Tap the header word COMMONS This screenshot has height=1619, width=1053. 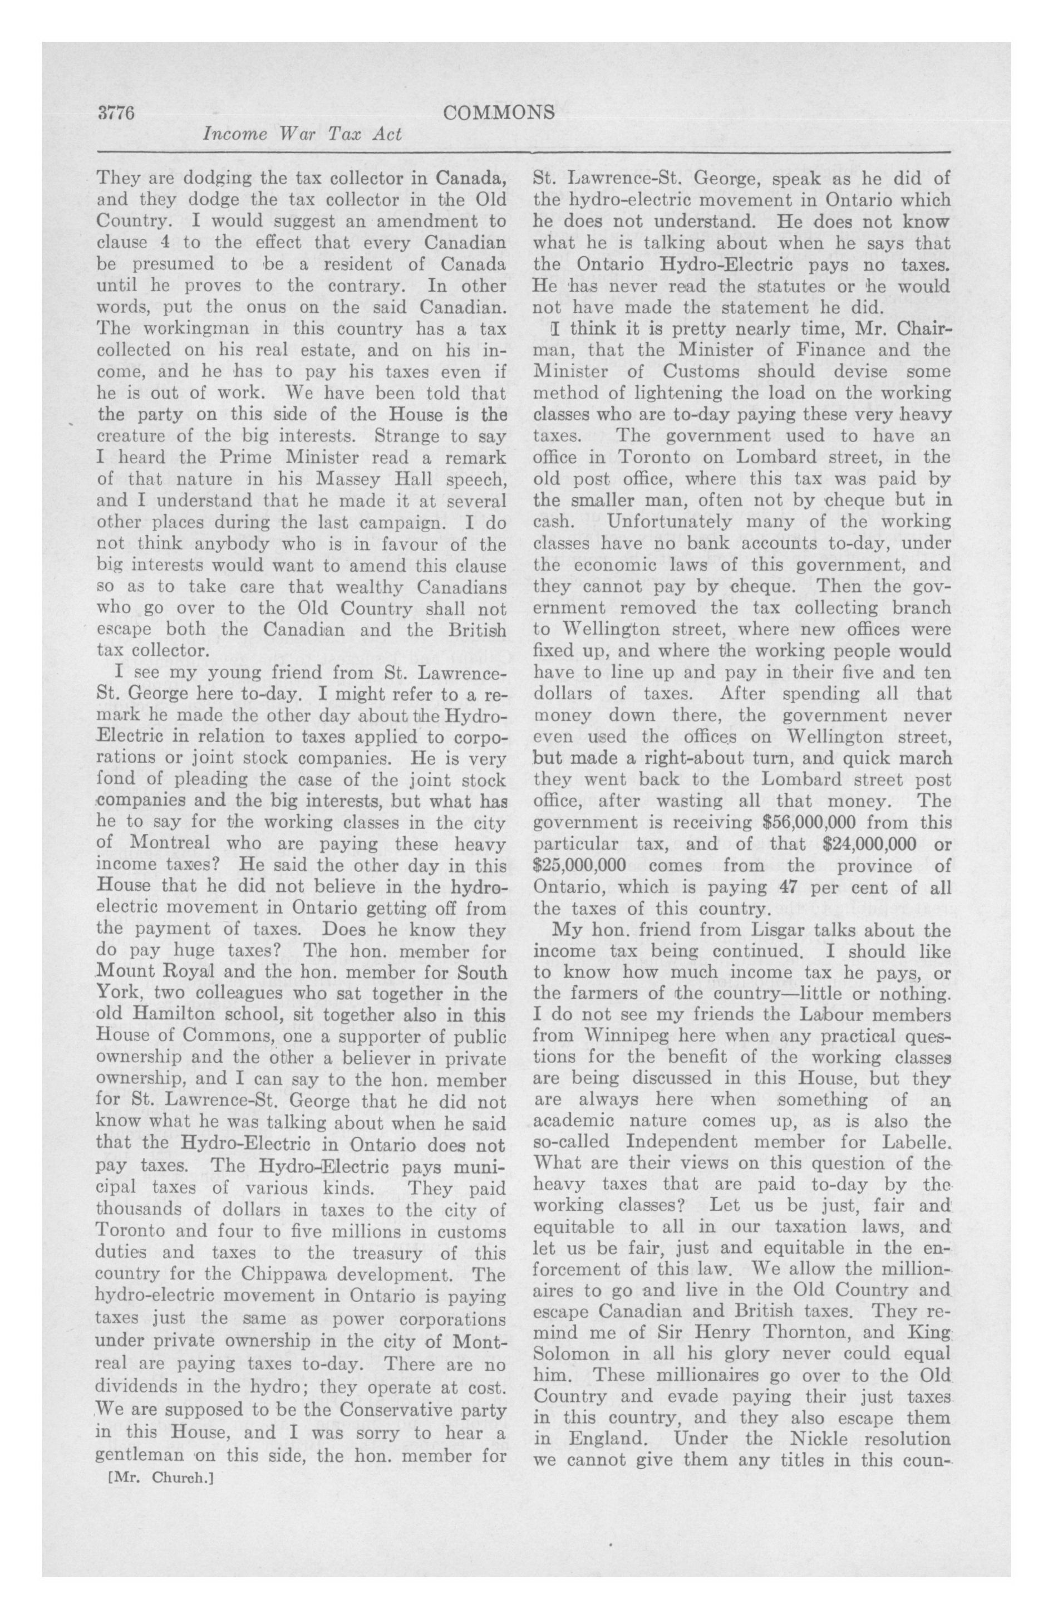(498, 114)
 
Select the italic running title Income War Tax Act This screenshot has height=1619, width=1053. (303, 135)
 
